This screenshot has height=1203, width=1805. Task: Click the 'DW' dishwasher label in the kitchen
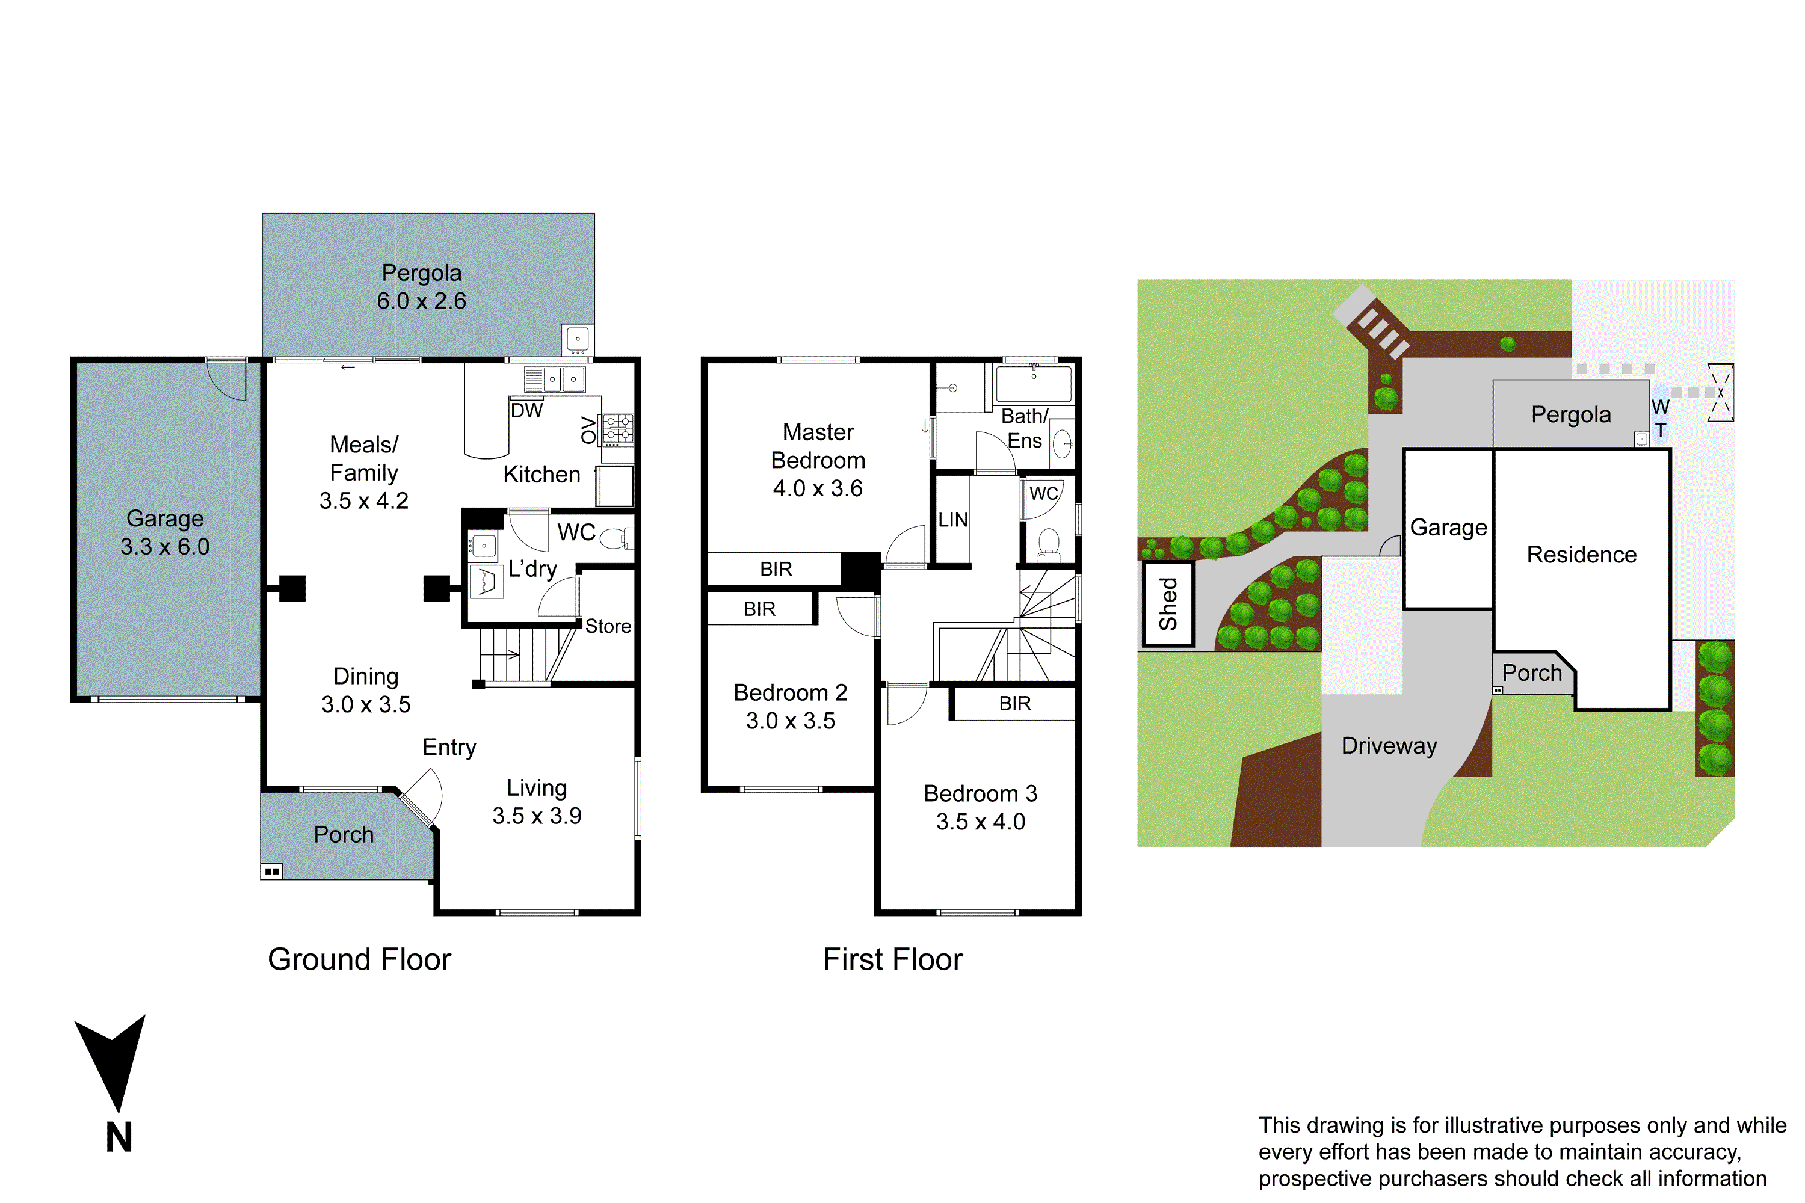(x=526, y=410)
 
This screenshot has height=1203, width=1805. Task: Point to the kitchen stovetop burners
(x=618, y=429)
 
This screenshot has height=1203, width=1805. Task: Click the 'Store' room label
(x=608, y=626)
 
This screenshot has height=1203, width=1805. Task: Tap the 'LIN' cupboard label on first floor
(x=952, y=520)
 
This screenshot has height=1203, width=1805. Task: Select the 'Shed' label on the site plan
(x=1168, y=604)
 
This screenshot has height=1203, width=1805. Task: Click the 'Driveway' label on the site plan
(x=1389, y=746)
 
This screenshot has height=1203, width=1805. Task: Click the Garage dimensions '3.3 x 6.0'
(x=164, y=547)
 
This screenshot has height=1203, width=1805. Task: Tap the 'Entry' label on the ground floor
(x=449, y=747)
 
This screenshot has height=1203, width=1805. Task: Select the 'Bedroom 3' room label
(x=980, y=793)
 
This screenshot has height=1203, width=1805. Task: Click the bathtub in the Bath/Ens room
(x=1033, y=384)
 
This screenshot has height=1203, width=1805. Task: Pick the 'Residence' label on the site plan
(x=1581, y=555)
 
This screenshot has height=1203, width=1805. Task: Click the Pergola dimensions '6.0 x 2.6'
(x=421, y=301)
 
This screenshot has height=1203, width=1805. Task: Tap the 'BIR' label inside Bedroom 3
(x=1014, y=704)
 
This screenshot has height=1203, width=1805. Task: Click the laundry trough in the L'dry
(x=487, y=582)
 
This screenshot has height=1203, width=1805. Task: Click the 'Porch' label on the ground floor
(x=343, y=835)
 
